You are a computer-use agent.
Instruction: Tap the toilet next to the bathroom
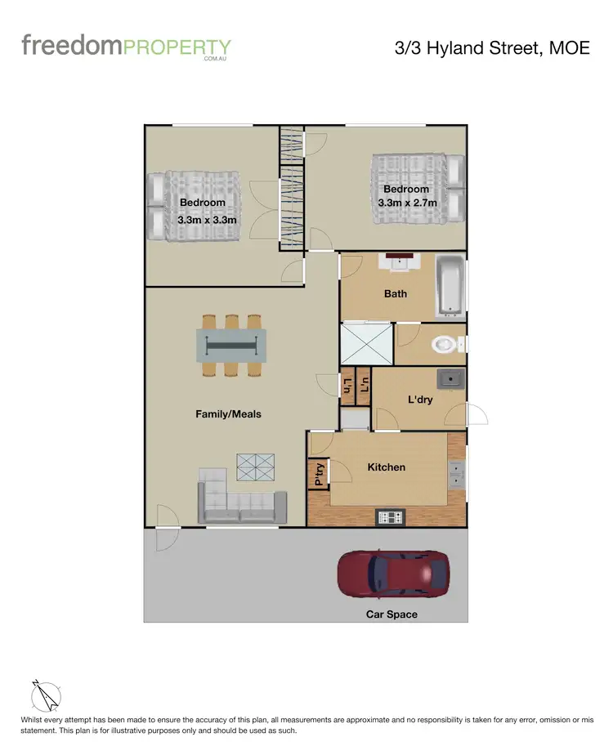tap(444, 344)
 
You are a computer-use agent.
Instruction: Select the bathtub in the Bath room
tap(450, 286)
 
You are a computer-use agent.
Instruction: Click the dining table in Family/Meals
tap(230, 345)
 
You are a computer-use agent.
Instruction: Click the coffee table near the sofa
tap(257, 467)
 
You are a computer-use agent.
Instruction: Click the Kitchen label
tap(386, 467)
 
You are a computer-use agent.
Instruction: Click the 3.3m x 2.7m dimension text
tap(407, 203)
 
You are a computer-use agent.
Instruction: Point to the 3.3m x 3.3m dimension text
tap(208, 220)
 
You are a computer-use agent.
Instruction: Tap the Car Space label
tap(392, 614)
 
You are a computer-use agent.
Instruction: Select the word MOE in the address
tap(570, 48)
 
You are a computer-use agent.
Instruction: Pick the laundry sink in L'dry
tap(450, 379)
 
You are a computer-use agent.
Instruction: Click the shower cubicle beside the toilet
tap(365, 343)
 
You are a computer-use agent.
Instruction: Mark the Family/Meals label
tap(228, 414)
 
